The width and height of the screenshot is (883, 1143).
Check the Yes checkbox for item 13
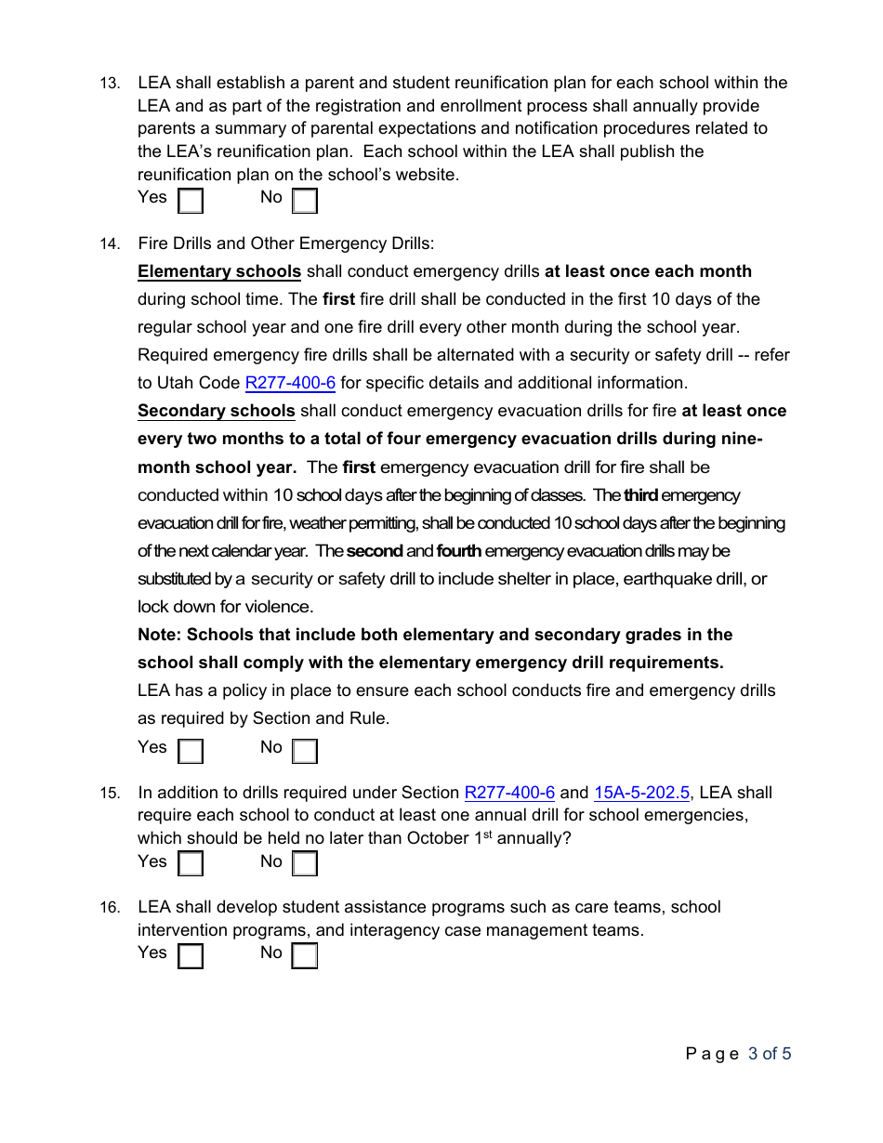[191, 201]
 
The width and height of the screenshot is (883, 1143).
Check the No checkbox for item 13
[305, 201]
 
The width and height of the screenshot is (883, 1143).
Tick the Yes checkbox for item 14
[191, 751]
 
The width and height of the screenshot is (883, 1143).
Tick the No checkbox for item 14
[305, 751]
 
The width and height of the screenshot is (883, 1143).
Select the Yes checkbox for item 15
[191, 864]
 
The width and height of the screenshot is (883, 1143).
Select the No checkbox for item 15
[305, 864]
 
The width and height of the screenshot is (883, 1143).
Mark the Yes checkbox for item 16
[191, 956]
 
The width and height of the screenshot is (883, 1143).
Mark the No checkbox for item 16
[305, 956]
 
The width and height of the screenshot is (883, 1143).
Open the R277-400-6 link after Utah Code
[290, 383]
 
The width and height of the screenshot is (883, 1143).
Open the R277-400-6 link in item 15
[509, 793]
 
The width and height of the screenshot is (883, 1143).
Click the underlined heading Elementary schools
[219, 271]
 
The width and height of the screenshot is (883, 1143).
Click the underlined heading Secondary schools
[217, 411]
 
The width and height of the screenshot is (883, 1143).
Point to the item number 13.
[110, 84]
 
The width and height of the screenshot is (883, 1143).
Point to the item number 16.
[110, 908]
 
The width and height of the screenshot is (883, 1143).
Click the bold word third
[640, 495]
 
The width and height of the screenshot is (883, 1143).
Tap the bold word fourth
[459, 551]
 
